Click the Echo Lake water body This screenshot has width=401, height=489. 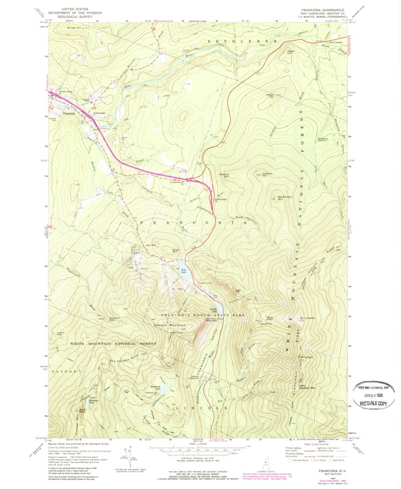[186, 276]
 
